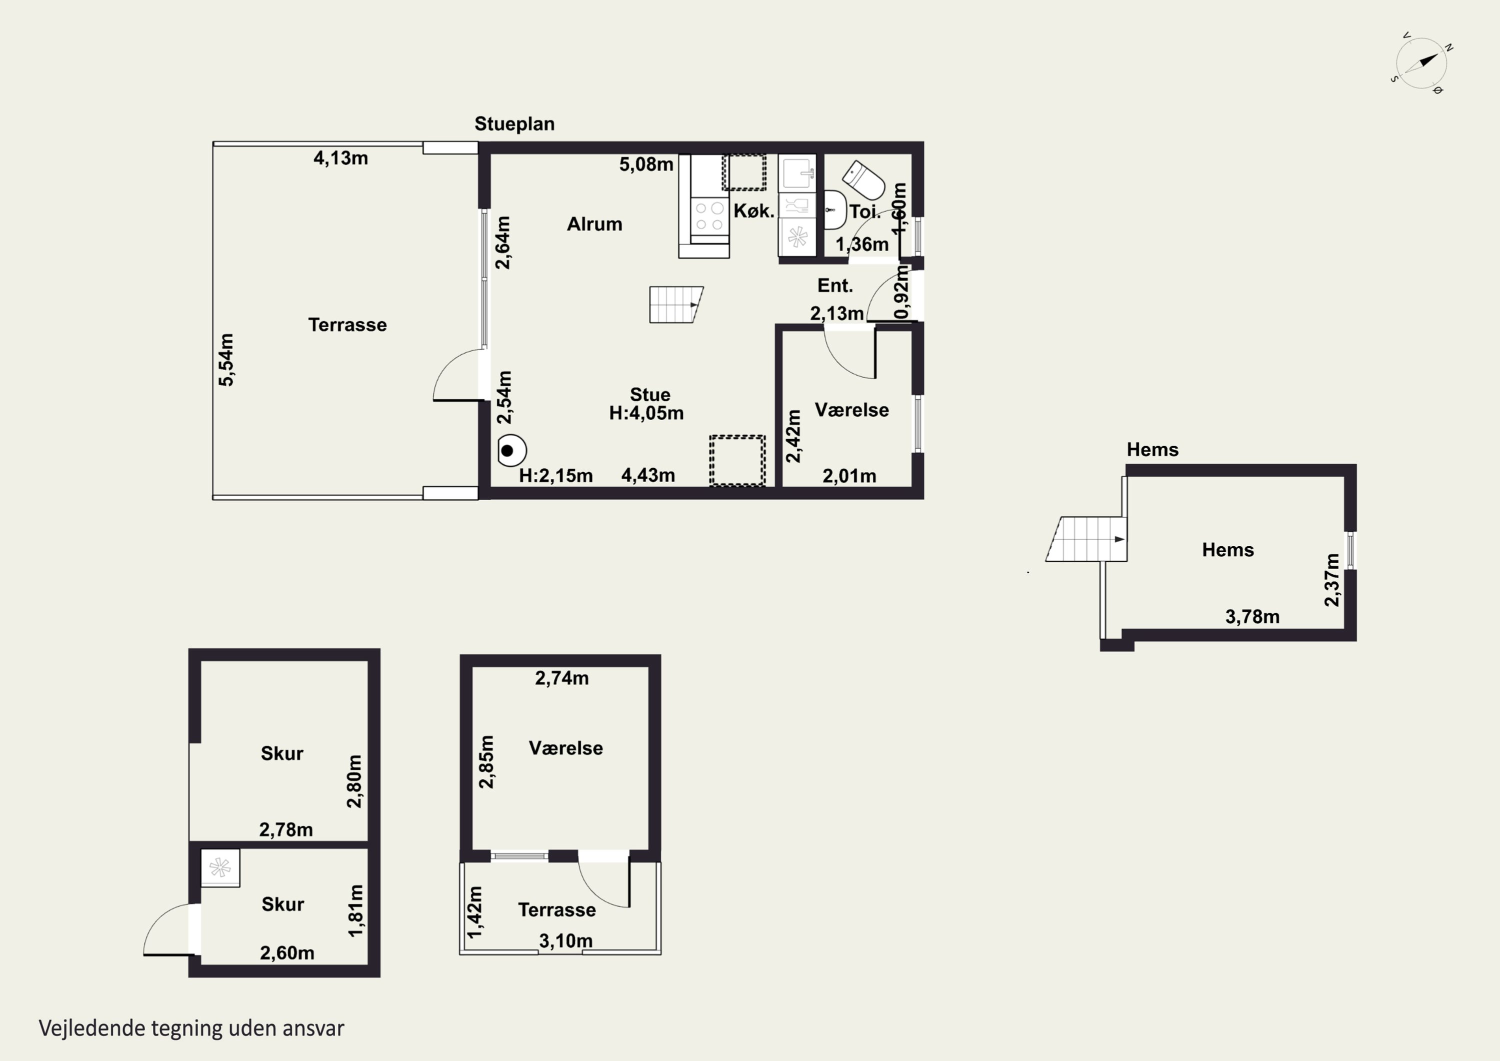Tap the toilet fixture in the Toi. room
863,181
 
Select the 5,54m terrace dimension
226,360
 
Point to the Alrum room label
594,224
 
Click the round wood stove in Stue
511,450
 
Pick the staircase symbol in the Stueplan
676,305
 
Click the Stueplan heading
514,124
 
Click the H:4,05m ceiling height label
646,413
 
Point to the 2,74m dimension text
562,678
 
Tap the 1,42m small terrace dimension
475,911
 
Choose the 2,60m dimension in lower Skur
287,953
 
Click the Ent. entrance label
835,286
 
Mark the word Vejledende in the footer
92,1028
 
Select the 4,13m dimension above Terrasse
340,158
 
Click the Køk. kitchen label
754,211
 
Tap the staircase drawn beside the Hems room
1086,539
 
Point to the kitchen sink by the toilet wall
797,173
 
